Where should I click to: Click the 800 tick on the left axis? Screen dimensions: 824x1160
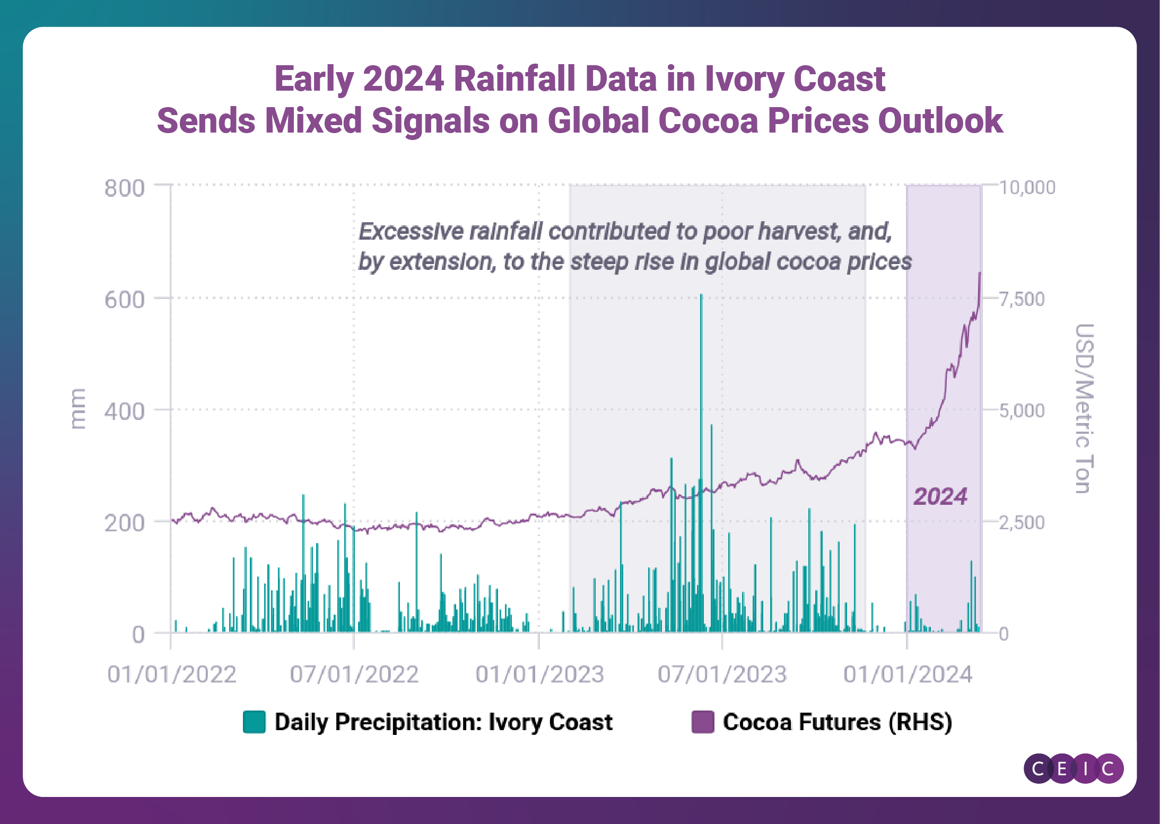pos(124,188)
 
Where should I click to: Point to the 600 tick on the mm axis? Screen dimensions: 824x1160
pos(124,300)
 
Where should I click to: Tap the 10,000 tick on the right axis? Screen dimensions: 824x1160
pos(1027,187)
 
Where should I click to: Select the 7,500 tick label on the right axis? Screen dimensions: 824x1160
pos(1022,299)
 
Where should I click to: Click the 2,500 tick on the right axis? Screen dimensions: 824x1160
pos(1022,523)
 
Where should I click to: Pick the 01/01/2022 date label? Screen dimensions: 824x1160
pos(171,674)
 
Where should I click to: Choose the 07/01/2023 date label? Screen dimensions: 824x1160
pos(722,674)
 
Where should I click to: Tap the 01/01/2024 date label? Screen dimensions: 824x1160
pos(908,674)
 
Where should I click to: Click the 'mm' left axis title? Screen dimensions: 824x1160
pos(77,408)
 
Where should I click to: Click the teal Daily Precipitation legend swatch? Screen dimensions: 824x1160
pos(254,722)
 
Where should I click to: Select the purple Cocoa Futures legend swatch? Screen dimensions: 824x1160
pos(703,722)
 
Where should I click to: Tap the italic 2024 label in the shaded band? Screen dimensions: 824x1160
pos(940,496)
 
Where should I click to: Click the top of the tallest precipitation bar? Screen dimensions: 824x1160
pos(701,295)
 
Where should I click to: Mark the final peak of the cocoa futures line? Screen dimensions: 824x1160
pos(979,273)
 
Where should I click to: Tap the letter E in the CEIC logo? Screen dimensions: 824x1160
pos(1062,768)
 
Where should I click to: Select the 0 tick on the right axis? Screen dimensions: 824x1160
pos(1004,634)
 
